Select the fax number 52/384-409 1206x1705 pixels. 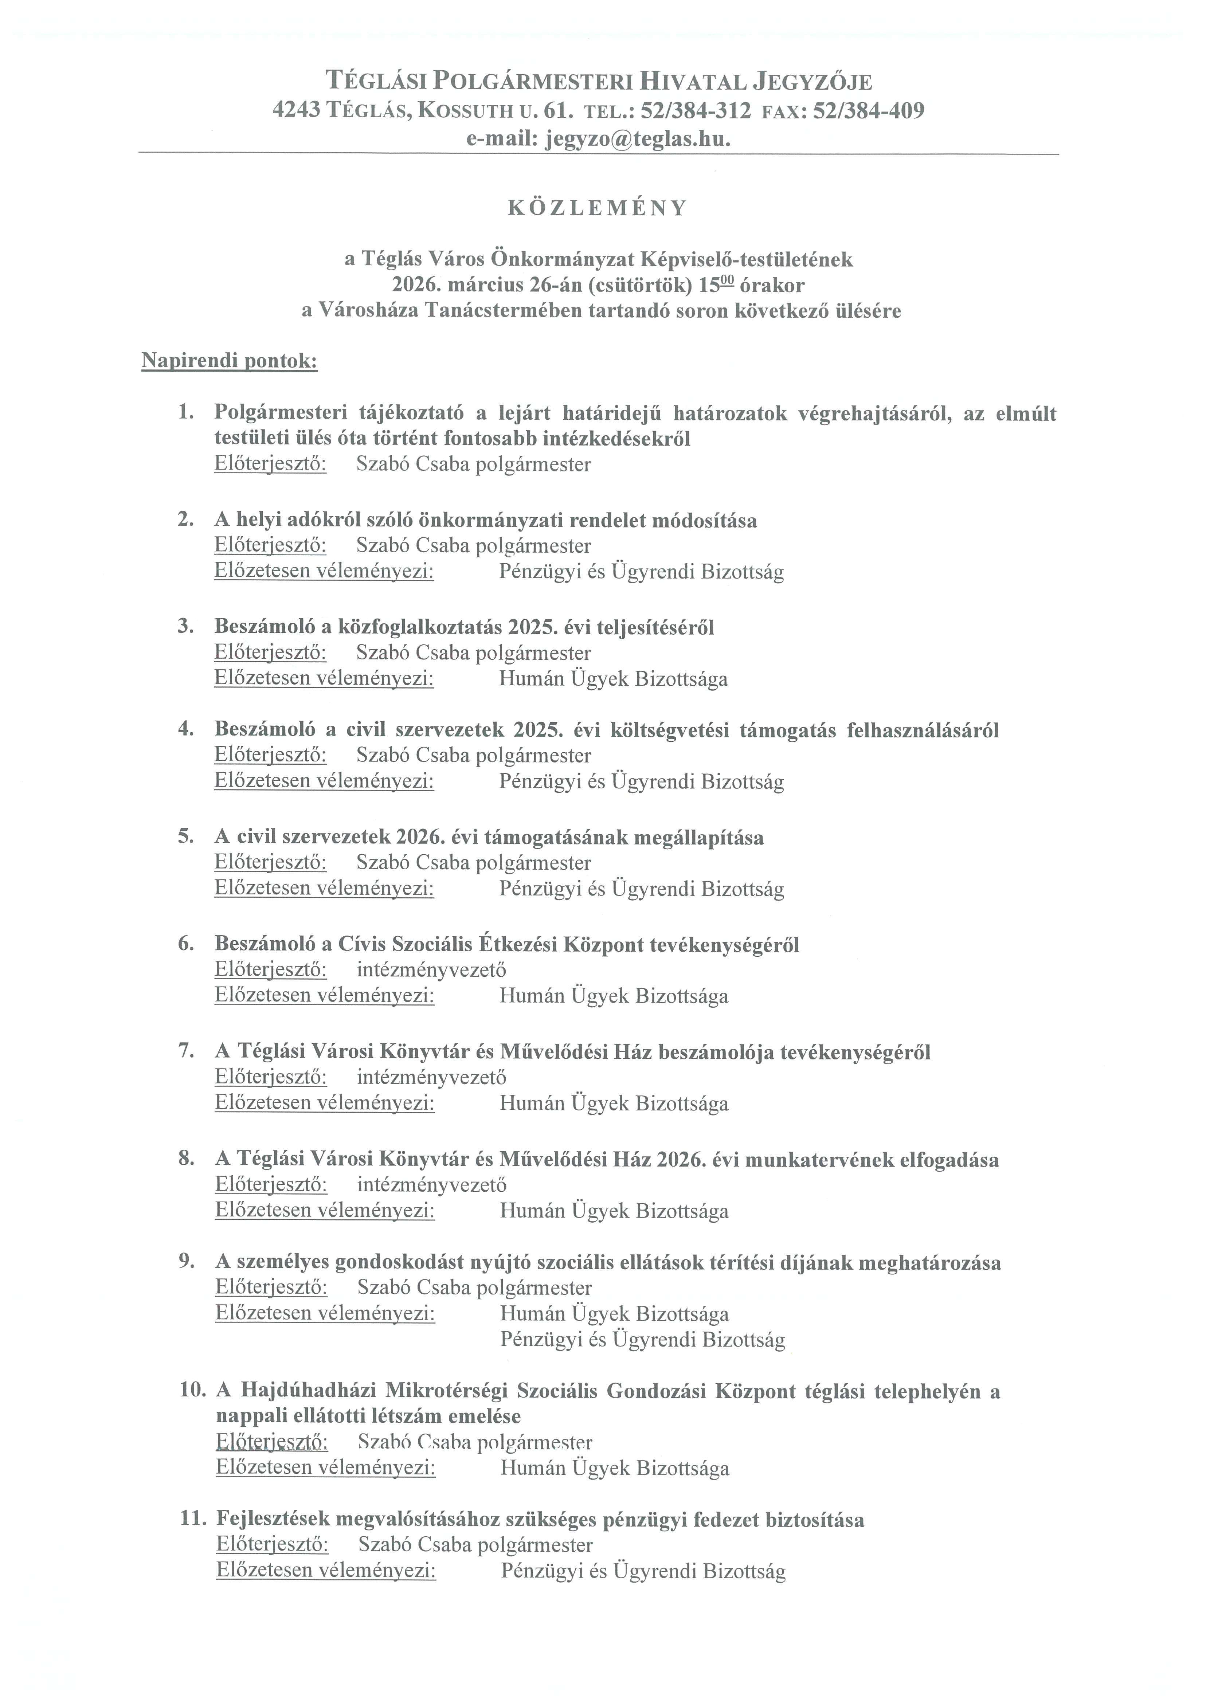tap(869, 111)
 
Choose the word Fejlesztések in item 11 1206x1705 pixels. tap(272, 1520)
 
